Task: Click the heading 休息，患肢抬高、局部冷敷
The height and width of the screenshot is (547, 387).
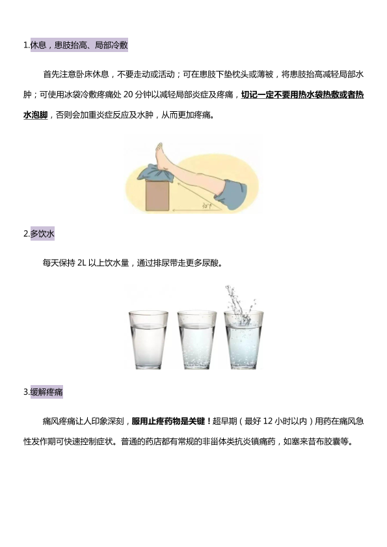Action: pyautogui.click(x=79, y=45)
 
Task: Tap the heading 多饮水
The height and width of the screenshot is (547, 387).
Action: pyautogui.click(x=42, y=233)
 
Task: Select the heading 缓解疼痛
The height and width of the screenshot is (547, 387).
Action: pyautogui.click(x=46, y=392)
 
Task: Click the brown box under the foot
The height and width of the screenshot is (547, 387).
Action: pyautogui.click(x=157, y=196)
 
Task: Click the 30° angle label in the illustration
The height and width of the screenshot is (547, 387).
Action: pyautogui.click(x=207, y=206)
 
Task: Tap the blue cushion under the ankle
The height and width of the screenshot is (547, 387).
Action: pyautogui.click(x=156, y=174)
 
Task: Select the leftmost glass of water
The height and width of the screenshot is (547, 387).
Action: pyautogui.click(x=148, y=340)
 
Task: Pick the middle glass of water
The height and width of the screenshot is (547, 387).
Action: pyautogui.click(x=197, y=340)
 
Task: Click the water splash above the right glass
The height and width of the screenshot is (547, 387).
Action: pyautogui.click(x=239, y=304)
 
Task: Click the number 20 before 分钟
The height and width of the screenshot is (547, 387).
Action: pyautogui.click(x=128, y=94)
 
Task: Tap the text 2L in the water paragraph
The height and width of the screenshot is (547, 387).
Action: pyautogui.click(x=81, y=263)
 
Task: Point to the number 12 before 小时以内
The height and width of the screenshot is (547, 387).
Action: pyautogui.click(x=268, y=421)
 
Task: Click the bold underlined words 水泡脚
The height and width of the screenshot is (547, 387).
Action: pyautogui.click(x=36, y=114)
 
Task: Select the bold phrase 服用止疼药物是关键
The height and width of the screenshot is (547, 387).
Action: pyautogui.click(x=168, y=421)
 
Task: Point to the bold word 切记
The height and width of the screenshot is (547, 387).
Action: pyautogui.click(x=249, y=94)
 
